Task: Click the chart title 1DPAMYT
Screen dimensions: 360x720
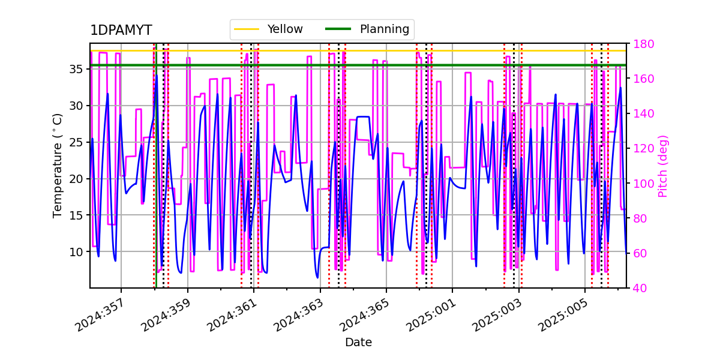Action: point(121,31)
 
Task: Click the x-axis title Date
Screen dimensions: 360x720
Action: point(358,343)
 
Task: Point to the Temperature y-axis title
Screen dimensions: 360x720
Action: point(58,165)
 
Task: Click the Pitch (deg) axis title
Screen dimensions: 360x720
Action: point(663,166)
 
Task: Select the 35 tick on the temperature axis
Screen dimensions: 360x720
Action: point(76,69)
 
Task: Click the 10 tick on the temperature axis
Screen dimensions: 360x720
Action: point(76,251)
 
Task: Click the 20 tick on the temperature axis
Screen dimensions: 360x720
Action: point(76,179)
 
